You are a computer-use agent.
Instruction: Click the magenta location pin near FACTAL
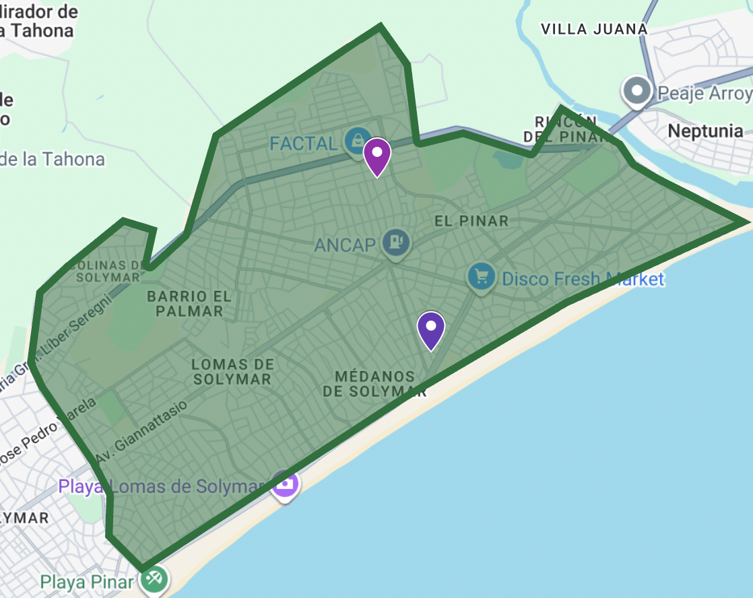click(x=376, y=155)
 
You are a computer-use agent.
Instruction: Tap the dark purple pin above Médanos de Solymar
click(x=431, y=329)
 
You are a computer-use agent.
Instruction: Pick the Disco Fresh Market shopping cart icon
click(x=482, y=277)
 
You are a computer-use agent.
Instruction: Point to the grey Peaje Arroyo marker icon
click(x=636, y=91)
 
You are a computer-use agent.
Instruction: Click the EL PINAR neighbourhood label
click(x=471, y=221)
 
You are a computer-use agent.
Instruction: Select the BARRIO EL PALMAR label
click(x=185, y=304)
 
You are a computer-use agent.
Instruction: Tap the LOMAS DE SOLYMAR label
click(x=232, y=372)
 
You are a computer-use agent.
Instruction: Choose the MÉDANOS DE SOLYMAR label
click(x=374, y=383)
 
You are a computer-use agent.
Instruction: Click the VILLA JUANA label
click(x=594, y=29)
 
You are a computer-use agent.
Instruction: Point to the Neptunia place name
click(x=705, y=131)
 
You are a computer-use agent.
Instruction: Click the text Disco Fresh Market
click(x=583, y=279)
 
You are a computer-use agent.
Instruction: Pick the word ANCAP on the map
click(x=345, y=244)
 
